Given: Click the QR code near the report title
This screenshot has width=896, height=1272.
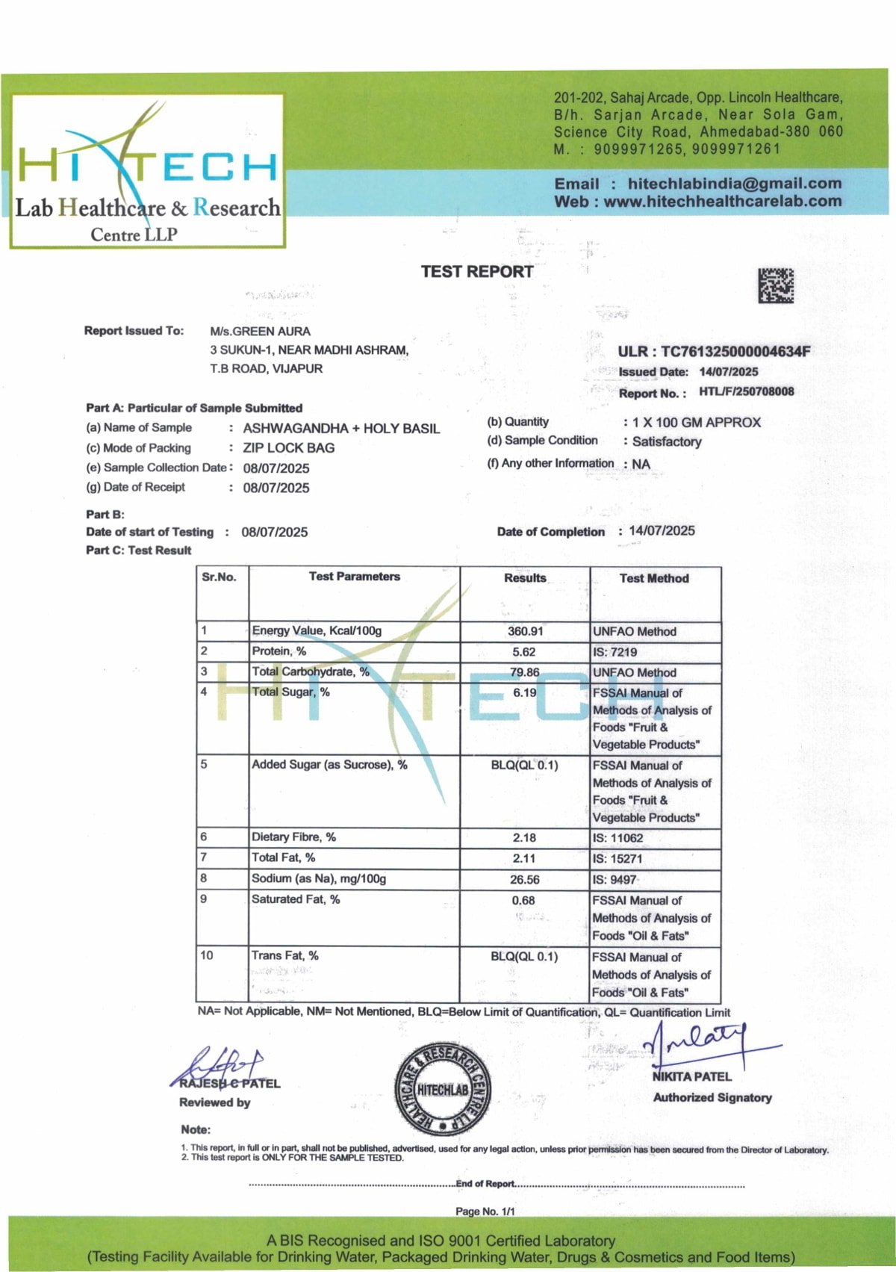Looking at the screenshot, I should coord(776,285).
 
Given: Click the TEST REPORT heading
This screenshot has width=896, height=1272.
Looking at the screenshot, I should coord(476,272).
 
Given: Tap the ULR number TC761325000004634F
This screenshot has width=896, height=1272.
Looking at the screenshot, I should coord(735,352).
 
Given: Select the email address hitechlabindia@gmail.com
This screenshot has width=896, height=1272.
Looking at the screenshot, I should coord(734,184).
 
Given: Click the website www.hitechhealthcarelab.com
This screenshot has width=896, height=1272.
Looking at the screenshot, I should coord(722,202).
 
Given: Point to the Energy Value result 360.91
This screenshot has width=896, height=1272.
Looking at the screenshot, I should coord(525,631).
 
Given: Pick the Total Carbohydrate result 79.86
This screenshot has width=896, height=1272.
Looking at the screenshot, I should coord(524,672).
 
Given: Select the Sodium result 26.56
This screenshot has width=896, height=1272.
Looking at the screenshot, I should coord(524,880).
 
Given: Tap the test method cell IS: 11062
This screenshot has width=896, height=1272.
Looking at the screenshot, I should coord(617,838).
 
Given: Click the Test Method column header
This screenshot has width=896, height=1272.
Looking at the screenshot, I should coord(654,578).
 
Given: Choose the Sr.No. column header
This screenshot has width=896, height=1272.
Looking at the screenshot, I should coord(219,577).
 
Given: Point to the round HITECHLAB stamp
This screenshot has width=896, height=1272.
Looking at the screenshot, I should coord(443,1089).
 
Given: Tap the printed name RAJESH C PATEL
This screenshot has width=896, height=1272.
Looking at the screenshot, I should coord(230,1083).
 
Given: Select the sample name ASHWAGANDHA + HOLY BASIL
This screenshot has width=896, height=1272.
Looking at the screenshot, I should coord(341,429).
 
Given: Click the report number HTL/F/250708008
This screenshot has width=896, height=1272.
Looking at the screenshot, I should coord(746,391).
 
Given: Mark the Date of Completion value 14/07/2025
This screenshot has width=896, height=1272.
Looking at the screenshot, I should coord(662,531).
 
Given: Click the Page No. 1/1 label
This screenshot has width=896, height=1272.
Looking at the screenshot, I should coord(485,1211).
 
